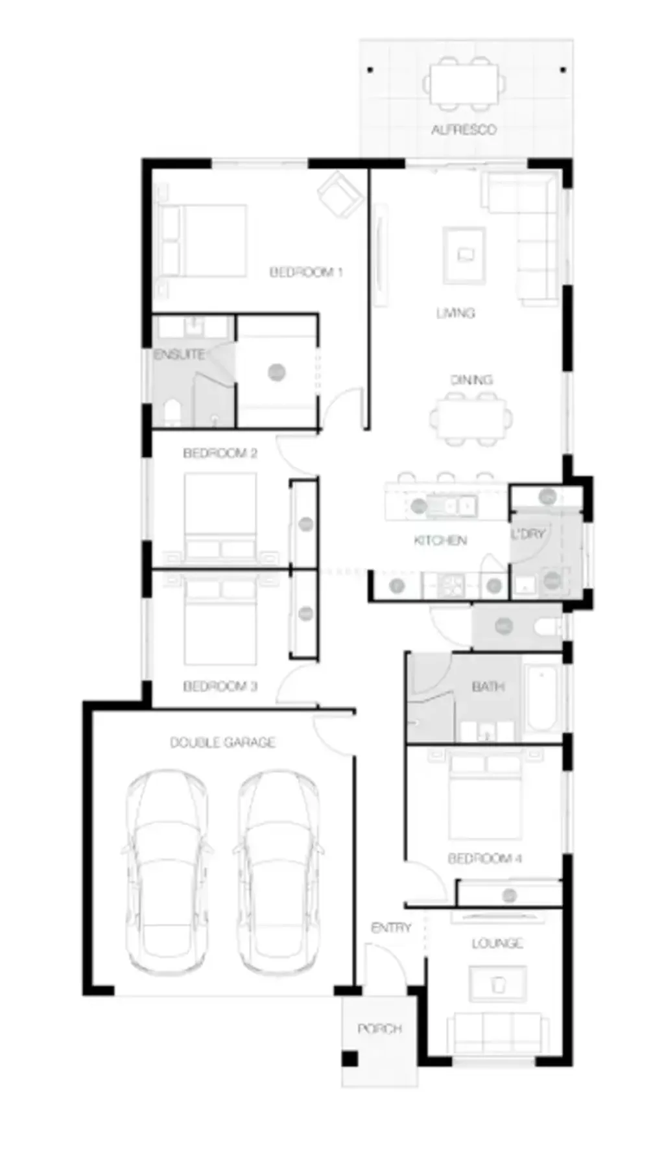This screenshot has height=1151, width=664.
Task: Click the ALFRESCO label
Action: pyautogui.click(x=464, y=130)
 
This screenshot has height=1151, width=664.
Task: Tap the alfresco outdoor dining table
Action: pyautogui.click(x=464, y=83)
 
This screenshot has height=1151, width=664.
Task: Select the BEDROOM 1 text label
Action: pyautogui.click(x=305, y=272)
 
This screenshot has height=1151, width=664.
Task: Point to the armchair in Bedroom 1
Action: pyautogui.click(x=340, y=194)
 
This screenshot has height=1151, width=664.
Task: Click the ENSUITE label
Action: pyautogui.click(x=179, y=355)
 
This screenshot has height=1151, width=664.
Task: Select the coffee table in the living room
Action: pyautogui.click(x=464, y=255)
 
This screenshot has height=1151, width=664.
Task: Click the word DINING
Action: pyautogui.click(x=471, y=379)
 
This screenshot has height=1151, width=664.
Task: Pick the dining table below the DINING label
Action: pyautogui.click(x=470, y=420)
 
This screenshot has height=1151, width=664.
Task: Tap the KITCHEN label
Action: pyautogui.click(x=440, y=540)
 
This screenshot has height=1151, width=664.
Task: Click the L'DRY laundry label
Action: pyautogui.click(x=528, y=534)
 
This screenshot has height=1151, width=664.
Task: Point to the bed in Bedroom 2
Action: pyautogui.click(x=220, y=516)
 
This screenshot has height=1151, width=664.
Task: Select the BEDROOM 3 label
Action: pyautogui.click(x=220, y=686)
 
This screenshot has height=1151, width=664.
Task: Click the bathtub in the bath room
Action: pyautogui.click(x=541, y=698)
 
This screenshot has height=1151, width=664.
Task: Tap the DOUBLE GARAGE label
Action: pyautogui.click(x=222, y=742)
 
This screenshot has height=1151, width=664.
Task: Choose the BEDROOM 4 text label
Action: pyautogui.click(x=485, y=859)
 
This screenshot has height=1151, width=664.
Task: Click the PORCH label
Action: pyautogui.click(x=380, y=1028)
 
